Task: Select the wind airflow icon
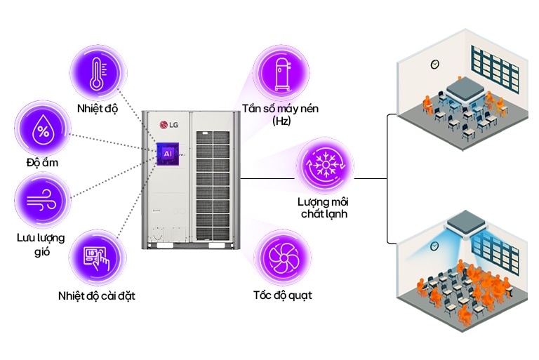[x=43, y=199]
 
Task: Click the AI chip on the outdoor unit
[x=168, y=152]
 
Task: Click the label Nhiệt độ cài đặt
[x=96, y=295]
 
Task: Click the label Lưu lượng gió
[x=40, y=244]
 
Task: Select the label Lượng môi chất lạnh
[x=323, y=208]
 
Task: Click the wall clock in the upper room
[x=434, y=65]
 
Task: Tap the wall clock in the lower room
[x=435, y=246]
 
